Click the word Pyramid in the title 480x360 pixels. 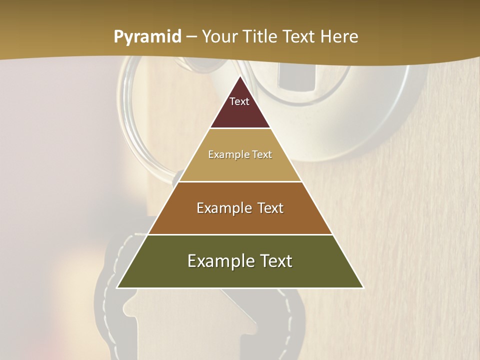pos(147,37)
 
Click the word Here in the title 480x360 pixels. pos(339,37)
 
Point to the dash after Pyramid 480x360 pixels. pos(191,37)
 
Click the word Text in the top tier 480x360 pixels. pos(239,101)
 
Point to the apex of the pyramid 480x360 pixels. pos(240,77)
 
